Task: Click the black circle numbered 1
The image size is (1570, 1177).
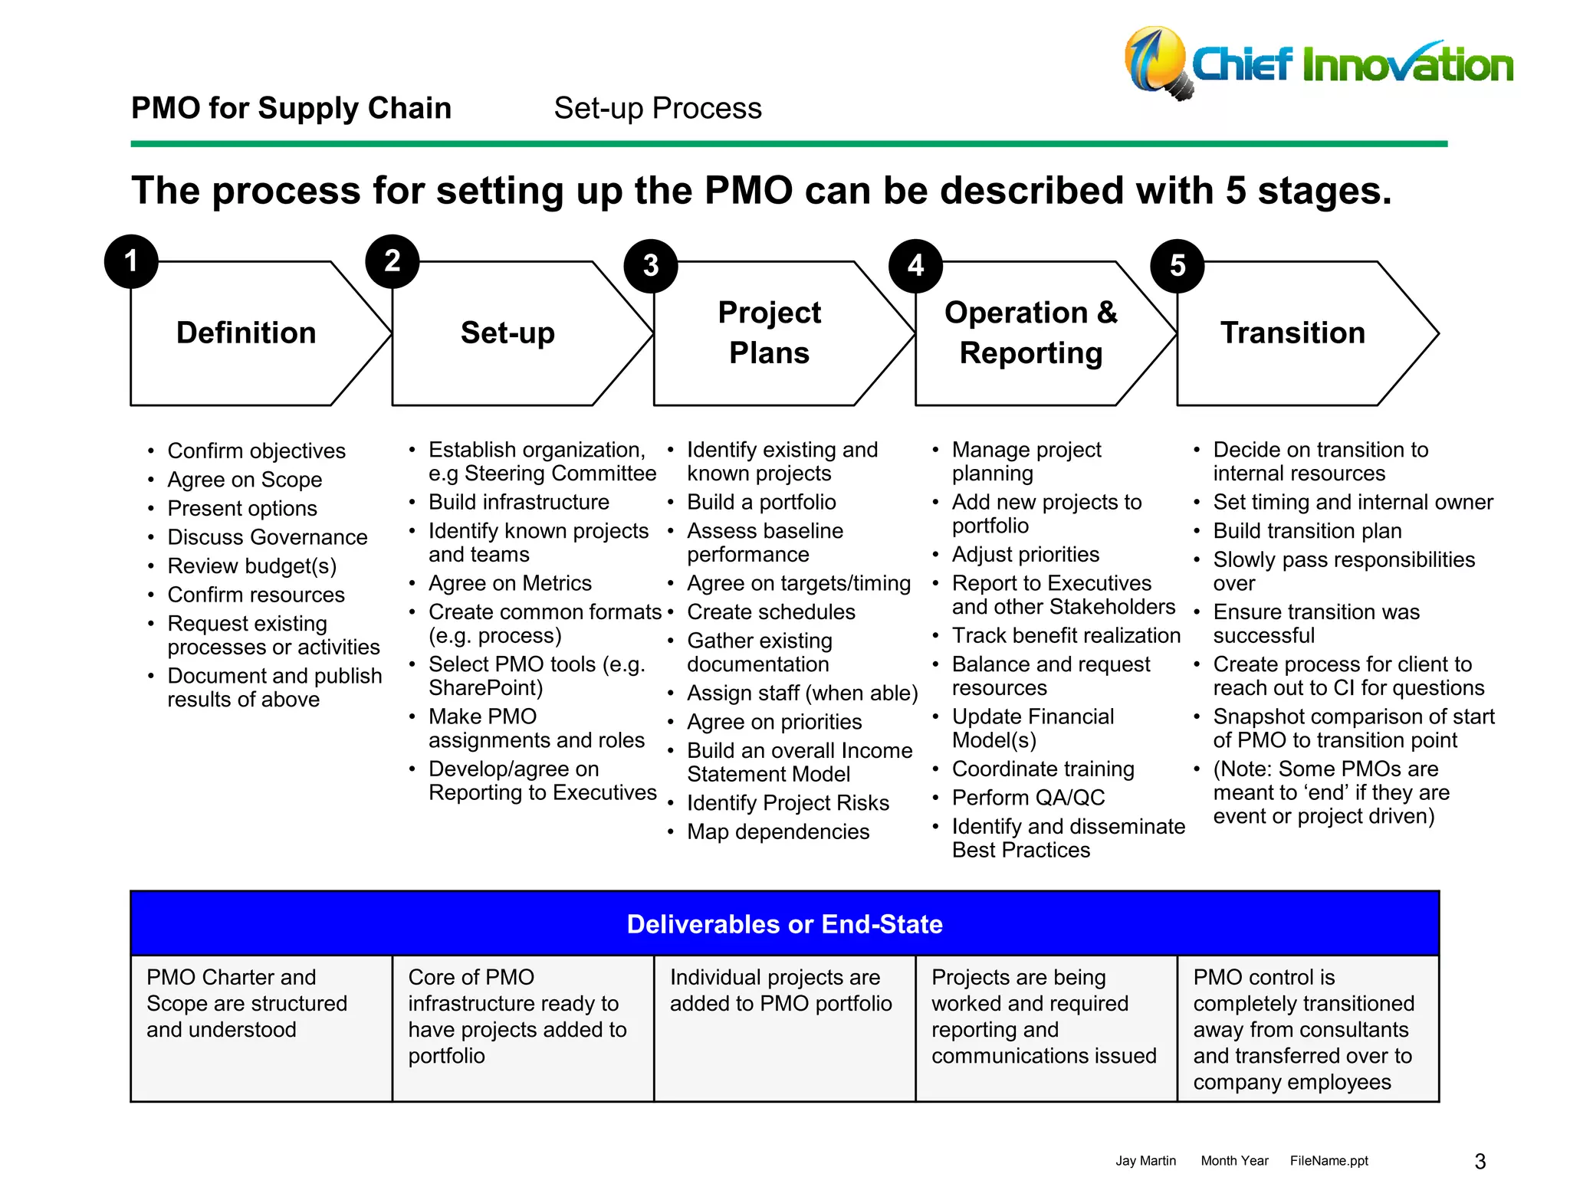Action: tap(131, 261)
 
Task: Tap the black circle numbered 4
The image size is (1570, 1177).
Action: tap(915, 266)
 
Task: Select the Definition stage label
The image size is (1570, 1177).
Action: tap(246, 333)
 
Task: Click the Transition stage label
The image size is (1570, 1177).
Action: tap(1292, 333)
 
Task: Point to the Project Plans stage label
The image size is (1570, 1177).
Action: tap(769, 333)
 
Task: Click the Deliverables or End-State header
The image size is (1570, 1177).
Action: tap(784, 924)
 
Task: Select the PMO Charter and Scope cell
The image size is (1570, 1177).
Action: tap(247, 1003)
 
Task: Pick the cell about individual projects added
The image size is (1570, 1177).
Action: tap(780, 990)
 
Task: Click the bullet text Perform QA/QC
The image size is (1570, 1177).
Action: tap(1028, 798)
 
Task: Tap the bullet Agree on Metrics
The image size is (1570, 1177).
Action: tap(510, 583)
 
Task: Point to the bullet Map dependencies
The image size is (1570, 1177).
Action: tap(778, 831)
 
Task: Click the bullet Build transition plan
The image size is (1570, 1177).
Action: tap(1307, 531)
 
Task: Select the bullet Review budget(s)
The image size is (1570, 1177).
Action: tap(252, 566)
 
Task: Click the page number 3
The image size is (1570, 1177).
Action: tap(1480, 1161)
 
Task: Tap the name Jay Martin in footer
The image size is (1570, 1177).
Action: tap(1145, 1161)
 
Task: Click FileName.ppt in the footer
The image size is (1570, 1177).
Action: tap(1329, 1161)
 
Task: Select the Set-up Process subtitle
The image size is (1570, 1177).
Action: tap(658, 108)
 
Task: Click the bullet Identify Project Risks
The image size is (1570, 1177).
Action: tap(788, 802)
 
